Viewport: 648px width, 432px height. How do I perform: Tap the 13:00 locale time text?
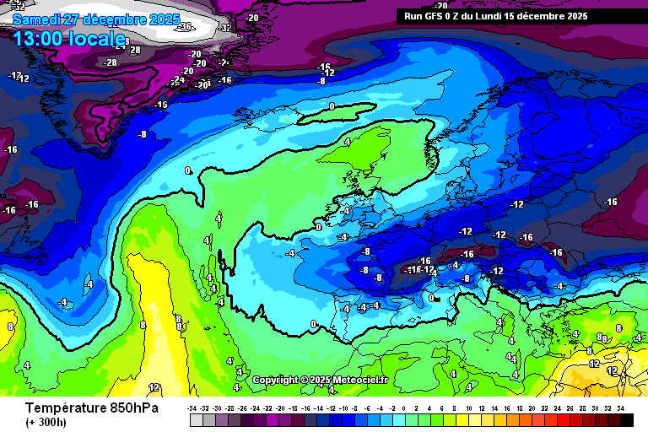tap(69, 39)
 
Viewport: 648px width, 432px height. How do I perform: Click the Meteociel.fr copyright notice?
tap(320, 380)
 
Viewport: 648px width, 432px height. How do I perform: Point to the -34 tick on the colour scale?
tap(192, 408)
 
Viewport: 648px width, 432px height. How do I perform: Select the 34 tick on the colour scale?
tap(620, 408)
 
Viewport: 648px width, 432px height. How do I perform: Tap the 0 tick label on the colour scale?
tap(405, 408)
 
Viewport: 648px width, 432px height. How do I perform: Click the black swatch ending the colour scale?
tap(626, 419)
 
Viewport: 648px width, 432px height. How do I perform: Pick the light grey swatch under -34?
tap(196, 419)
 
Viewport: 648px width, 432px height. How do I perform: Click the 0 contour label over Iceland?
tap(332, 106)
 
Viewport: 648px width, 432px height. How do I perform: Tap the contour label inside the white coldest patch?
tap(186, 26)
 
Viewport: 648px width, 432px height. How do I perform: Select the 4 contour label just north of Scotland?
tap(347, 143)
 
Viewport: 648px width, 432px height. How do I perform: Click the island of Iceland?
tap(337, 112)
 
